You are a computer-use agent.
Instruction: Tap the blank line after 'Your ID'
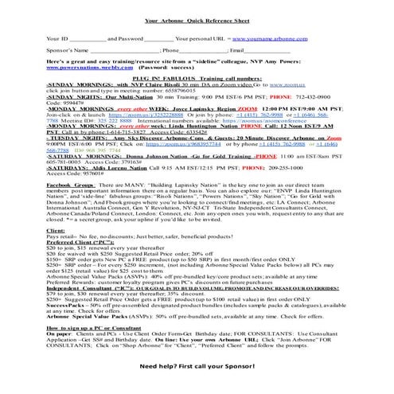[88, 39]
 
